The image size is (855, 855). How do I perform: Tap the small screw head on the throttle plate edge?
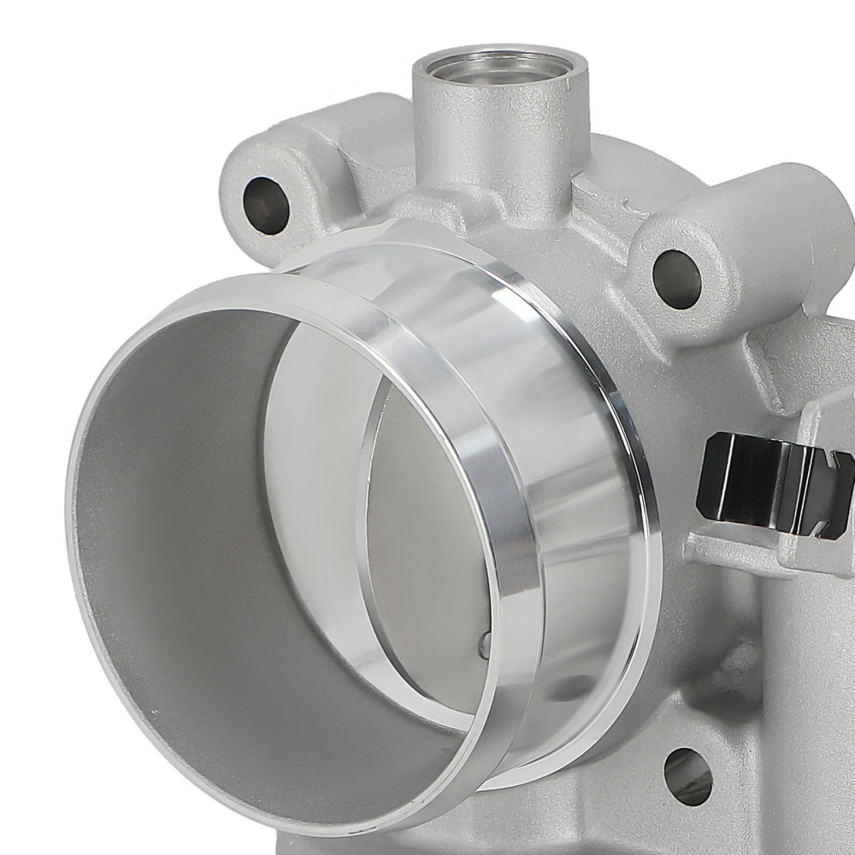click(485, 643)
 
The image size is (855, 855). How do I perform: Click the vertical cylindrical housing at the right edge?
click(812, 684)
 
